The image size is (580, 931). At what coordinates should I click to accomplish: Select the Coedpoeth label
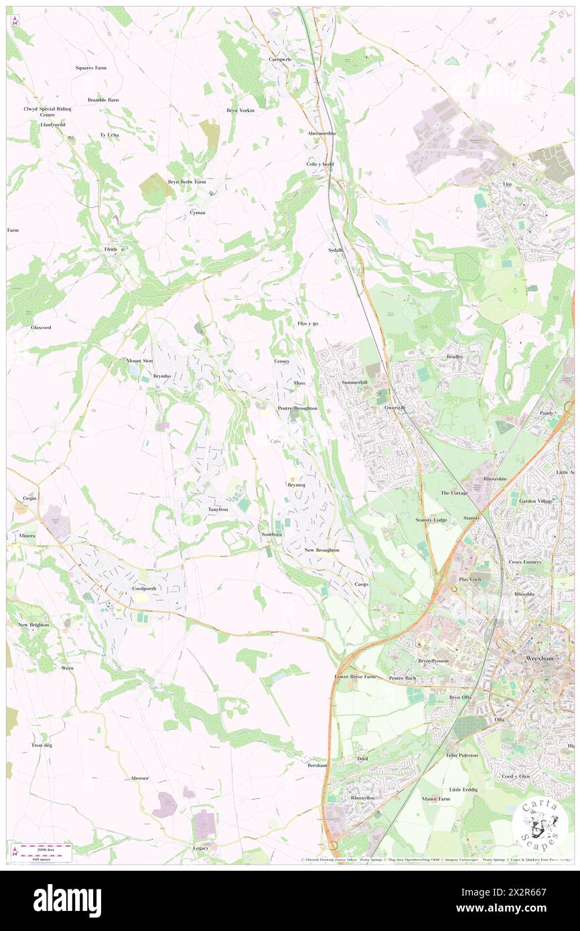(x=144, y=589)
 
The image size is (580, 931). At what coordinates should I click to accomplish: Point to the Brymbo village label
(x=162, y=376)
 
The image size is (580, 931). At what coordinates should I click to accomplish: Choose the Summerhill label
(x=354, y=382)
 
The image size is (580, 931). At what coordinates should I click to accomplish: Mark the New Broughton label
(x=321, y=550)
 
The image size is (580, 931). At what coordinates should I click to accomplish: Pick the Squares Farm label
(x=90, y=68)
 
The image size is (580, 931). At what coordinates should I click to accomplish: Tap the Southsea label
(x=272, y=534)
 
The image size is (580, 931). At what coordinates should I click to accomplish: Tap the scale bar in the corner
(x=44, y=851)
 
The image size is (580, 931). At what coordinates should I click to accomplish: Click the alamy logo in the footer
(x=67, y=901)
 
